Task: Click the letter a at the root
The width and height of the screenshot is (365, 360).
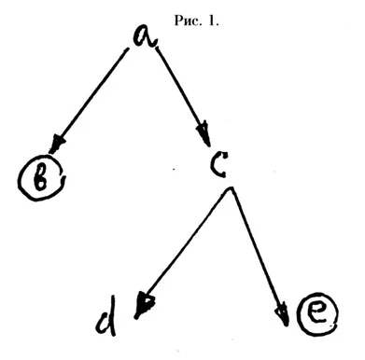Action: point(145,36)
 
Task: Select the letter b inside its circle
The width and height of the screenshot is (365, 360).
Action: point(40,179)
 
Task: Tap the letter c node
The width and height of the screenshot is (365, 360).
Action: point(218,164)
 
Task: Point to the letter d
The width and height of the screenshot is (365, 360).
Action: point(106,316)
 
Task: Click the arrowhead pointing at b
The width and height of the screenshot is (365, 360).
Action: point(57,144)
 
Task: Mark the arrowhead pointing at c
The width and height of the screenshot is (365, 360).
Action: point(204,133)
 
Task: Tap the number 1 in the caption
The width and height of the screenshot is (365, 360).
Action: point(212,21)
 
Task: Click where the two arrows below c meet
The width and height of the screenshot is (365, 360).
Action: point(231,188)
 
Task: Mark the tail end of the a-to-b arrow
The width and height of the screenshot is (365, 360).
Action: point(127,48)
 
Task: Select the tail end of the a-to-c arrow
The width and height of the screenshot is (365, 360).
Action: point(156,48)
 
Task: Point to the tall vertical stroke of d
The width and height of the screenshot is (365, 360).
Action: point(113,315)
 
